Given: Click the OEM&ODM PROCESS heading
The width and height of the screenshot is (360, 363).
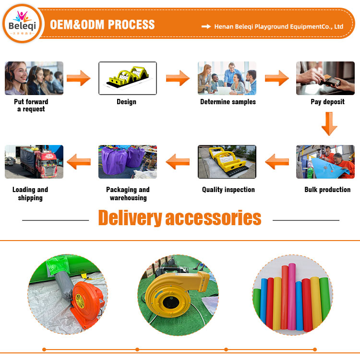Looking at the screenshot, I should coord(102,24).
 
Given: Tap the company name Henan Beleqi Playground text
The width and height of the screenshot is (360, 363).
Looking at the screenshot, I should coord(278,26).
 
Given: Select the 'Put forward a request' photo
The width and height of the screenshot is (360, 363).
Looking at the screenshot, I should coord(34,78).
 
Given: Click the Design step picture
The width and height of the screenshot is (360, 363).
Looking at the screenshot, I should coord(127,78).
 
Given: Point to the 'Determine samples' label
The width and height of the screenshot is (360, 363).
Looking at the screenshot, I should coord(228,102).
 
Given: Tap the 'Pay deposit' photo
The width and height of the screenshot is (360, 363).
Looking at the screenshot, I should coord(325,78).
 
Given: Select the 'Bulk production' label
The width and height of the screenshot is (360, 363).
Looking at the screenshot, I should coord(327,190).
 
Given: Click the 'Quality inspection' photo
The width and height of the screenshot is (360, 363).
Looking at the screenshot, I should coord(227,162).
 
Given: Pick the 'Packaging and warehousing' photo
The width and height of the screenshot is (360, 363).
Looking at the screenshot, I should coord(128,162).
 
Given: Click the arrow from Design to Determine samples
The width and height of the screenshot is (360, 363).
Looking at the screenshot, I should coord(178,78).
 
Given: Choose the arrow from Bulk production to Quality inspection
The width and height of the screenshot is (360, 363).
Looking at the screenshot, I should coord(277,162).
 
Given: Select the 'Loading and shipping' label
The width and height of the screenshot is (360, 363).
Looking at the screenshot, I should coord(30,194).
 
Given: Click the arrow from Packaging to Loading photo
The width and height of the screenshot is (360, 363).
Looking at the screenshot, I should coord(79,162).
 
